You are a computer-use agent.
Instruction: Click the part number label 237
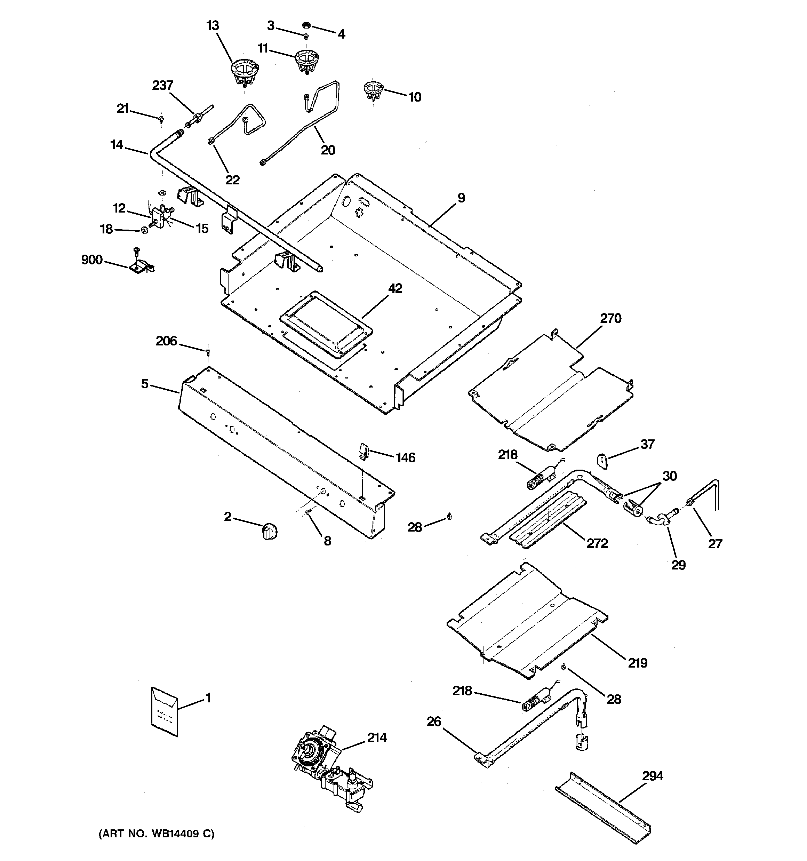click(x=162, y=85)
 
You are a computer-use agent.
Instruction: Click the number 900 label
click(x=92, y=260)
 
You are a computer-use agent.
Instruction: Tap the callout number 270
click(x=610, y=318)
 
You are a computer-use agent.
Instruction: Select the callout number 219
click(x=638, y=663)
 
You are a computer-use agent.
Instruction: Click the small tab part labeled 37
click(x=602, y=460)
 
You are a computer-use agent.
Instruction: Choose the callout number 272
click(x=597, y=543)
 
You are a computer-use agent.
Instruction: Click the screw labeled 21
click(x=161, y=118)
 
